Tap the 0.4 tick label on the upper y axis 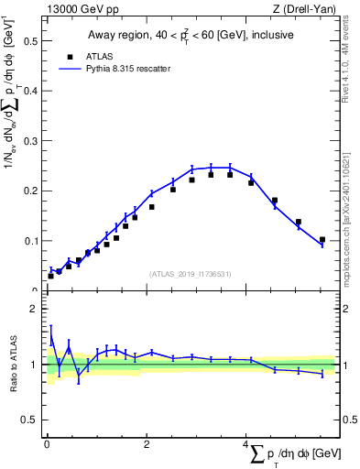click(x=29, y=92)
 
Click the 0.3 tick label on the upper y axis click(x=29, y=141)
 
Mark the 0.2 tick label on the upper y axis click(x=29, y=191)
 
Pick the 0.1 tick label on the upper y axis click(x=29, y=241)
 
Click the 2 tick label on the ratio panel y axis click(x=33, y=309)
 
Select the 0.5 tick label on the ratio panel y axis click(x=29, y=420)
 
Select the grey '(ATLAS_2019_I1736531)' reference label click(x=191, y=274)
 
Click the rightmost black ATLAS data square click(x=322, y=240)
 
